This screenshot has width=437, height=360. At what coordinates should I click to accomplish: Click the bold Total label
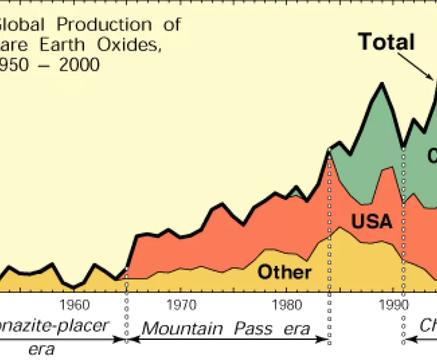pos(387,42)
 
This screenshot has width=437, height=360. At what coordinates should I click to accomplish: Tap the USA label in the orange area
pos(371,221)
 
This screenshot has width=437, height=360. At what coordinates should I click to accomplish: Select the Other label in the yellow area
pos(284,272)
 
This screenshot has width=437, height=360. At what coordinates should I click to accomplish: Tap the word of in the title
pos(171,25)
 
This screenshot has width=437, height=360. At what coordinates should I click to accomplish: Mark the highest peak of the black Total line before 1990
pos(381,83)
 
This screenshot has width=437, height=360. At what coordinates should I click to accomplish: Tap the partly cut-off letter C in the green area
pos(432,155)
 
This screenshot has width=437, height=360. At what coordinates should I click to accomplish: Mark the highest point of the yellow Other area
pos(340,228)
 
